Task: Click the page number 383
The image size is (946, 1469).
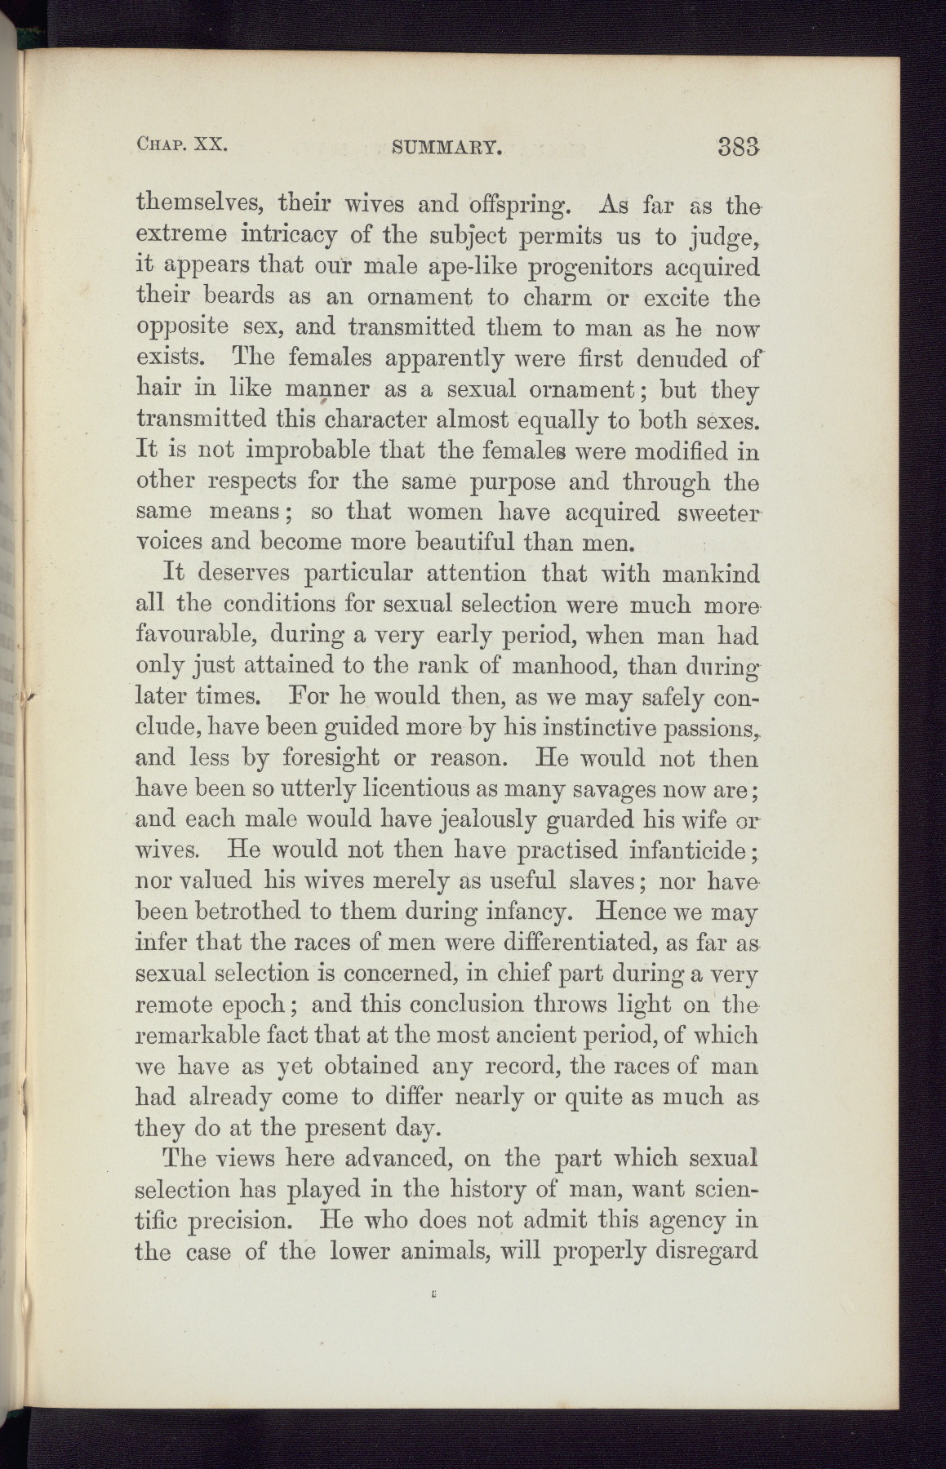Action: (x=739, y=146)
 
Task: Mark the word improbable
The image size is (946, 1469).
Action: (x=295, y=450)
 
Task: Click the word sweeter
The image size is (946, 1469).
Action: (x=716, y=512)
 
